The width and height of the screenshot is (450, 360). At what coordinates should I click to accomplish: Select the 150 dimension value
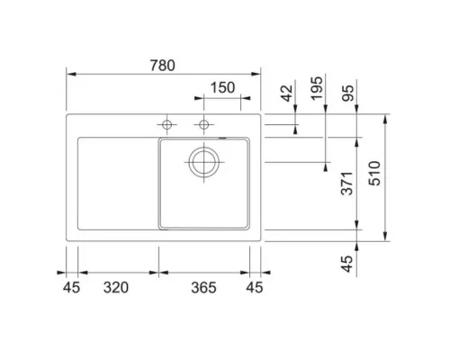[x=223, y=87]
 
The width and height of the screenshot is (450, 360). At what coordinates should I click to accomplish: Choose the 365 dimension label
[x=205, y=288]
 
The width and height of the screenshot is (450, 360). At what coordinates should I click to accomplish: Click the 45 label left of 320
[x=72, y=288]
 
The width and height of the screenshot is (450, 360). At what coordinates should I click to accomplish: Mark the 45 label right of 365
[x=256, y=288]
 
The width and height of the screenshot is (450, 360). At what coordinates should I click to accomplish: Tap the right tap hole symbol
[x=204, y=123]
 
